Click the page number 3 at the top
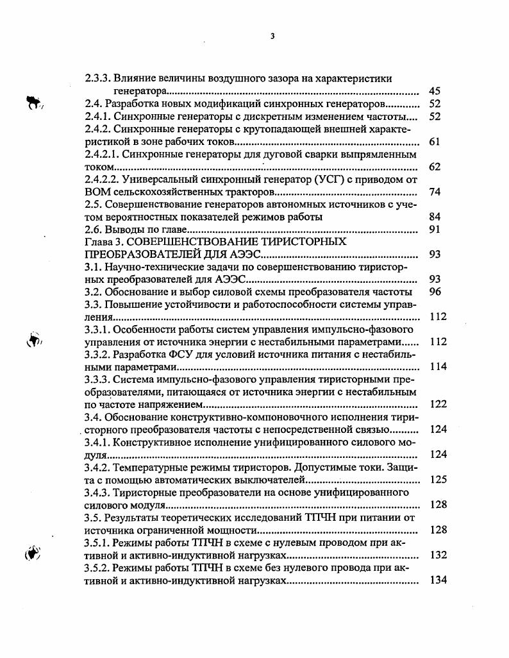(x=272, y=36)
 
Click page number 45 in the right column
(x=434, y=91)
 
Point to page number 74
(x=434, y=192)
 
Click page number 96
(x=434, y=291)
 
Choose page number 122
(x=438, y=404)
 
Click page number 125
(x=438, y=479)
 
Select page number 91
(x=434, y=230)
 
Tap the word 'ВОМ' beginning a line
(x=96, y=192)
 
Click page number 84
(x=434, y=217)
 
